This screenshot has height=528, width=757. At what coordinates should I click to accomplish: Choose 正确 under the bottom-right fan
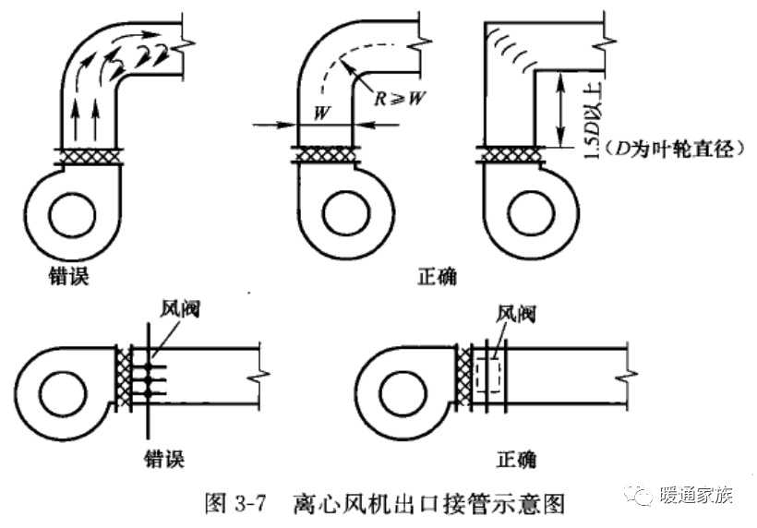pos(515,457)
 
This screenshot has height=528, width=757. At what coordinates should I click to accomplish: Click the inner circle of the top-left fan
pos(71,220)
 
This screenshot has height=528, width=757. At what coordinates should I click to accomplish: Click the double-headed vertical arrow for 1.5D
pos(559,111)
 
